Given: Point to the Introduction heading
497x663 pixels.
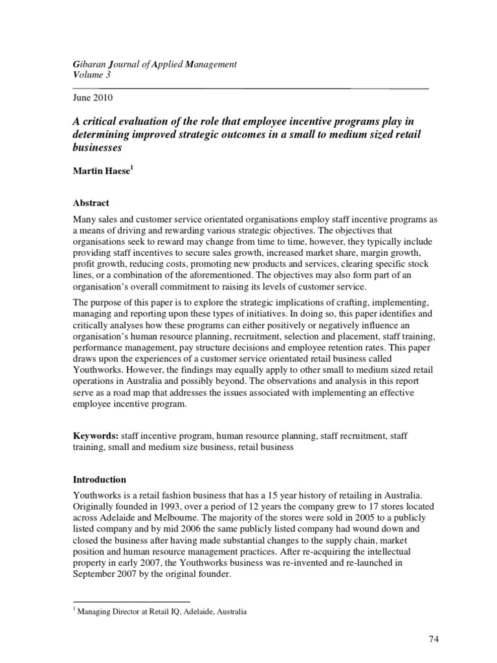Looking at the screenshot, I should point(99,480).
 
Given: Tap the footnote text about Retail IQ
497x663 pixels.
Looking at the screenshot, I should point(162,611).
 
